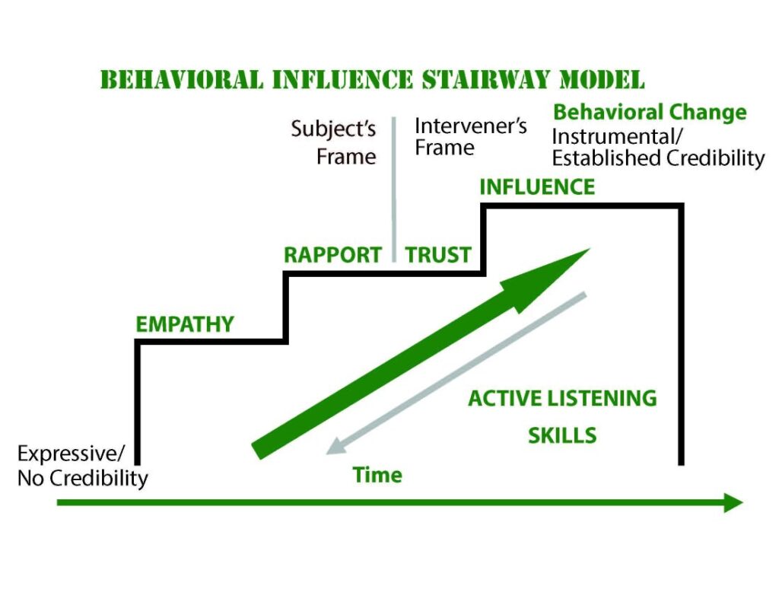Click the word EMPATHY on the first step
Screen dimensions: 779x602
pos(185,324)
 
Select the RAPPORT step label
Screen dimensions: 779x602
pos(332,255)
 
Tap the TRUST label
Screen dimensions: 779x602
pos(438,255)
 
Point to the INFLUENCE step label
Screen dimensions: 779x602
pos(537,187)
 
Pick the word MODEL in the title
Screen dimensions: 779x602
pos(603,80)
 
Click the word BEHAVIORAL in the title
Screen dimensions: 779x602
pos(182,80)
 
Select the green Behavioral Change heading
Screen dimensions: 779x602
pos(650,112)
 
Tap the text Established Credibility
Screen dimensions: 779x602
pos(658,158)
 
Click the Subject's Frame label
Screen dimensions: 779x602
pos(333,142)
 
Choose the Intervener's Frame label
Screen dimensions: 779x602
pos(470,137)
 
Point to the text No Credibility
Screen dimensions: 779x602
pos(82,478)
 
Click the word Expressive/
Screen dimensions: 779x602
pos(71,454)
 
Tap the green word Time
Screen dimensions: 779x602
pos(377,475)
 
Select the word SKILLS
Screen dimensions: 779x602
pos(562,435)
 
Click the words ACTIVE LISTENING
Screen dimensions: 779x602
pos(562,399)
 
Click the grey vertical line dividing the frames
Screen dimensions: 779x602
pos(394,190)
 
